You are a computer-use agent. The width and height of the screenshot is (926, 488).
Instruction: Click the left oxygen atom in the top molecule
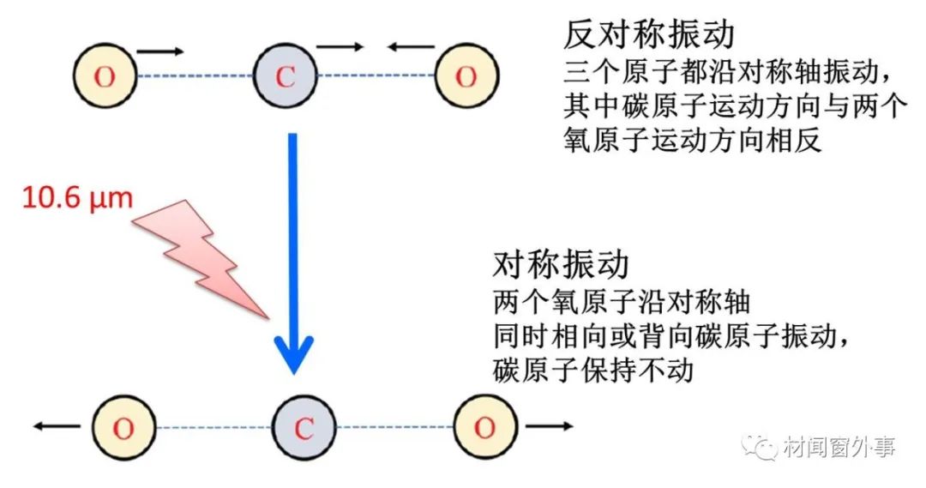[x=105, y=76]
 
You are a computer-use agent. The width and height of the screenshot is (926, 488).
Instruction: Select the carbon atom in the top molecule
[x=286, y=76]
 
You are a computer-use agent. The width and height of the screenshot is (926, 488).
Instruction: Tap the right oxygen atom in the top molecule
[x=466, y=76]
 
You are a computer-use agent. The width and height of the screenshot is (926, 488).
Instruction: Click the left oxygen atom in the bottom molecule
[x=123, y=428]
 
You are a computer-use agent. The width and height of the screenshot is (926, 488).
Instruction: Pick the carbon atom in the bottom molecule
[x=304, y=428]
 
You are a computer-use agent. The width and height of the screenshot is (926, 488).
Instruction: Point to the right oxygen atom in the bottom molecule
[x=485, y=428]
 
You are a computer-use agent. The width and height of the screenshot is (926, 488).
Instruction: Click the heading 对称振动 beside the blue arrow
[x=561, y=267]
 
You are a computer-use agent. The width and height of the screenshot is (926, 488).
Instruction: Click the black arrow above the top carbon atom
[x=340, y=48]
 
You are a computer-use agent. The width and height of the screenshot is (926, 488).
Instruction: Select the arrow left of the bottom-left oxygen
[x=57, y=425]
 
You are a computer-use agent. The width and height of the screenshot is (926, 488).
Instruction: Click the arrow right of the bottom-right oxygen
[x=549, y=425]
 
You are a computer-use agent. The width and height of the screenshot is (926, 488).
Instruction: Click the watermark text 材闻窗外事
[x=839, y=447]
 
